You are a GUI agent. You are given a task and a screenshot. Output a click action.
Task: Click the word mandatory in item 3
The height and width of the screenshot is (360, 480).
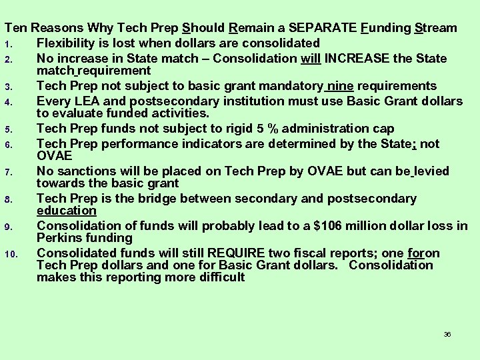click(x=289, y=86)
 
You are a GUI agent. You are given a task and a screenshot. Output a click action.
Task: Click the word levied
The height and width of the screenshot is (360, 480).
click(x=431, y=171)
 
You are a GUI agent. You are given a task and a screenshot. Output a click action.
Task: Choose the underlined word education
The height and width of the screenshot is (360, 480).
click(x=67, y=211)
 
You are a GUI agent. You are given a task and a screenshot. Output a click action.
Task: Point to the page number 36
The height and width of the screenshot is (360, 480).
click(x=447, y=334)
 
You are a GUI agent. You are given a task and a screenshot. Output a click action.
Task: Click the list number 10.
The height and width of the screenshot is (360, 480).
click(x=18, y=253)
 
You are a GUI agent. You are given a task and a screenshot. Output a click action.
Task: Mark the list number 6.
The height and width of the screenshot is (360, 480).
click(x=19, y=143)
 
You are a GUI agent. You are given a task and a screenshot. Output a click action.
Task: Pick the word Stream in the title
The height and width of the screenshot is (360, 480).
click(x=436, y=28)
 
